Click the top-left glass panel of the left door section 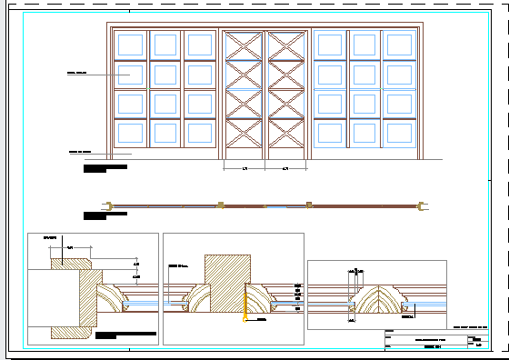point(128,45)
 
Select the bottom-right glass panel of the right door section point(395,134)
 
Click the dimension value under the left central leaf point(245,169)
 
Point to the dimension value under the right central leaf point(285,169)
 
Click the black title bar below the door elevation point(105,167)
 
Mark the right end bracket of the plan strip point(420,206)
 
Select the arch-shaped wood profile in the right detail point(376,300)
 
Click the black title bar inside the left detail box point(105,336)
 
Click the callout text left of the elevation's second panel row point(76,71)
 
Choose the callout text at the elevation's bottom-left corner point(80,152)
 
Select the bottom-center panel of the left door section point(165,134)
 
